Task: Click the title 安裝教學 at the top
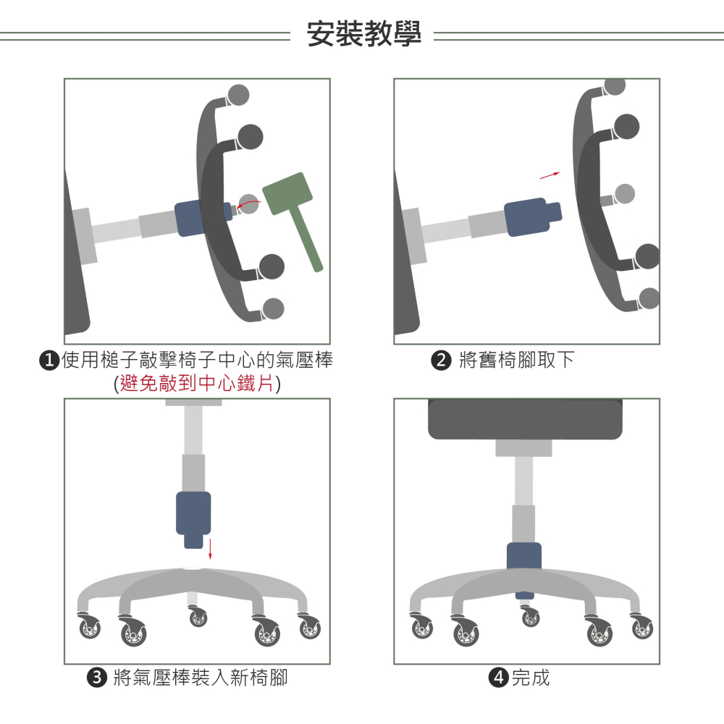click(x=363, y=34)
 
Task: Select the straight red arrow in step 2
click(x=550, y=174)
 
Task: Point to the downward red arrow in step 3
click(x=210, y=548)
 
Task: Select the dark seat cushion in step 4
click(x=525, y=419)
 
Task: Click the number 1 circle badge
click(x=49, y=361)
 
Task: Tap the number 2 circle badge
click(x=441, y=361)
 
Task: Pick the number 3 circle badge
click(x=96, y=678)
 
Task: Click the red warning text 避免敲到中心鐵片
click(x=197, y=384)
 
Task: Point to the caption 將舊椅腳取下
click(x=517, y=360)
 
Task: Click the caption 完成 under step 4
click(x=531, y=678)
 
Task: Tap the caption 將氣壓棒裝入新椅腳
click(x=201, y=678)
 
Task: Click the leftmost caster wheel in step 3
click(x=90, y=627)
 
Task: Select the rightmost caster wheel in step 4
click(x=641, y=627)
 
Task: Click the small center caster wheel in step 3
click(x=198, y=618)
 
